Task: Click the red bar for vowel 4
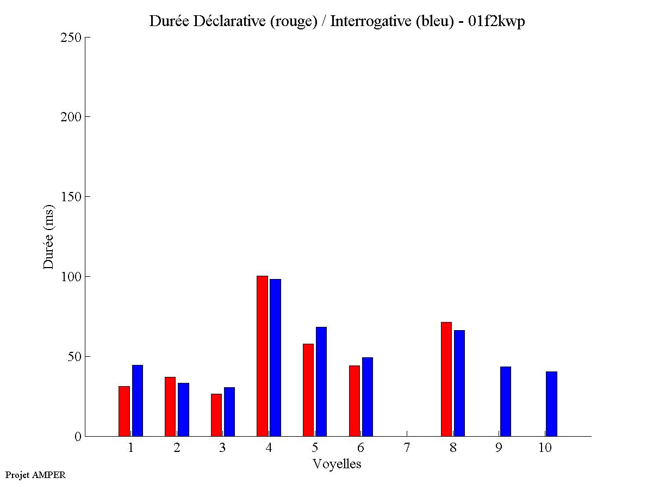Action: click(262, 356)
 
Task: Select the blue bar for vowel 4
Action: click(275, 357)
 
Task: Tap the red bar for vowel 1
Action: click(124, 411)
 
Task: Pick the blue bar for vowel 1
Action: click(137, 400)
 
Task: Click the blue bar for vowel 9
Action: click(505, 401)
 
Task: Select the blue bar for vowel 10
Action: click(551, 404)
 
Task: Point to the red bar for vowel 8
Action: click(446, 379)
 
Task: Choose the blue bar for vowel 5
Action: click(321, 381)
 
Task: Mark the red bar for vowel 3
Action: click(216, 415)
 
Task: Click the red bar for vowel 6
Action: click(355, 401)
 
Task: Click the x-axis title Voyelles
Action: click(337, 464)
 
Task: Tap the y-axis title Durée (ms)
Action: click(49, 237)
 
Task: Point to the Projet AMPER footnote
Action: click(35, 475)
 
